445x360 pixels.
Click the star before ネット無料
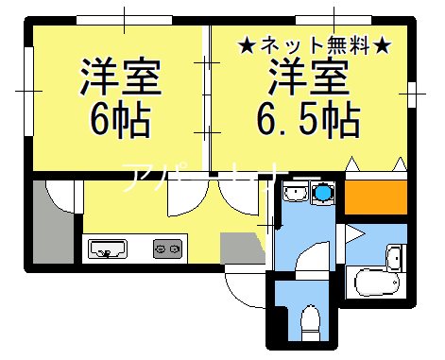click(x=245, y=43)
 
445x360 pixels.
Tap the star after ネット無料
click(x=384, y=43)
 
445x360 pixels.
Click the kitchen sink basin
click(x=109, y=249)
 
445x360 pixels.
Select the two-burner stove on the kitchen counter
click(x=166, y=249)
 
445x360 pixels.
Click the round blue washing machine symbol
click(x=324, y=194)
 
